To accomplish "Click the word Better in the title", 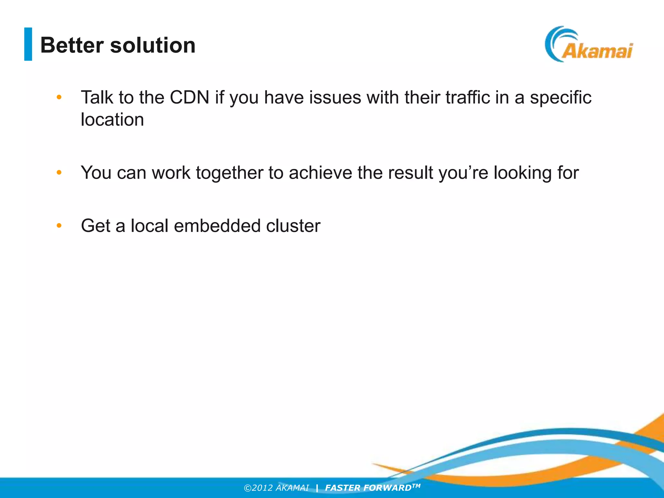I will coord(72,45).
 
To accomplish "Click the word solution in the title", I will coord(153,45).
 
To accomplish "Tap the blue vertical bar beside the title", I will coord(28,44).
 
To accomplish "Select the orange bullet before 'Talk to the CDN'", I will coord(59,97).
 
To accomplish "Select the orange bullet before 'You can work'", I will coord(59,172).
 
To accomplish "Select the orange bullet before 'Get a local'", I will coord(59,225).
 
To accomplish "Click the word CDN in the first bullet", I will coord(189,97).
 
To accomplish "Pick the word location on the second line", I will coord(112,120).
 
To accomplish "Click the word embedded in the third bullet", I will coord(217,226).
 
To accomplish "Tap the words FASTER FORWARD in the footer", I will coord(368,488).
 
